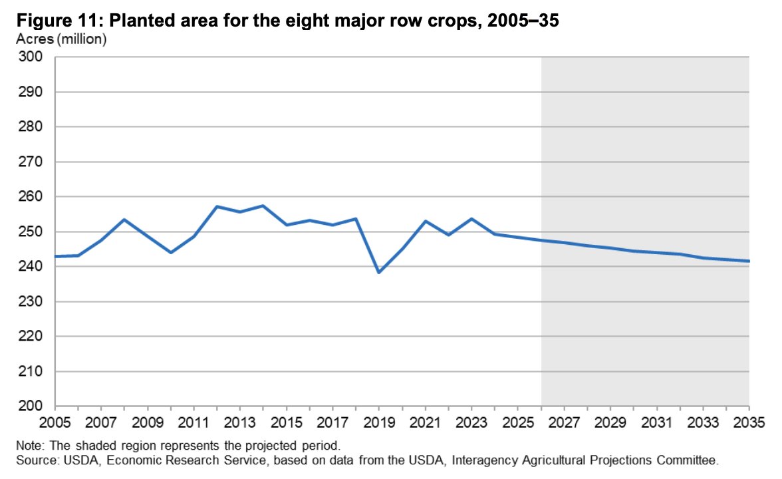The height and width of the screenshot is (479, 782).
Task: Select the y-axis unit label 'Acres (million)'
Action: (x=61, y=39)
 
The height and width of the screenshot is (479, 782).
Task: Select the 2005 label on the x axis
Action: (x=55, y=422)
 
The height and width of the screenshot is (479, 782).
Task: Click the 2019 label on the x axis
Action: (x=378, y=422)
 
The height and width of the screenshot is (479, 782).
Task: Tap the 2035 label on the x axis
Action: (x=749, y=422)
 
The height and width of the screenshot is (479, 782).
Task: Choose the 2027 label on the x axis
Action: (x=564, y=422)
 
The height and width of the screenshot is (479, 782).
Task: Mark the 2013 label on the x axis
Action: (x=240, y=422)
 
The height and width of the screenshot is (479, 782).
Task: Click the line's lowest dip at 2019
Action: (x=378, y=272)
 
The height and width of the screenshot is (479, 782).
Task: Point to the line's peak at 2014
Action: (x=263, y=206)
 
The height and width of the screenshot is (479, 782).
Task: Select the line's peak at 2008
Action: (x=124, y=220)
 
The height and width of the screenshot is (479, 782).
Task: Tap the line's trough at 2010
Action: (x=170, y=252)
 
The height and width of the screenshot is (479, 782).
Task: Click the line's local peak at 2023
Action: (x=471, y=219)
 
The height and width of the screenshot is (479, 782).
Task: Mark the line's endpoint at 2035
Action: (x=749, y=261)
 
